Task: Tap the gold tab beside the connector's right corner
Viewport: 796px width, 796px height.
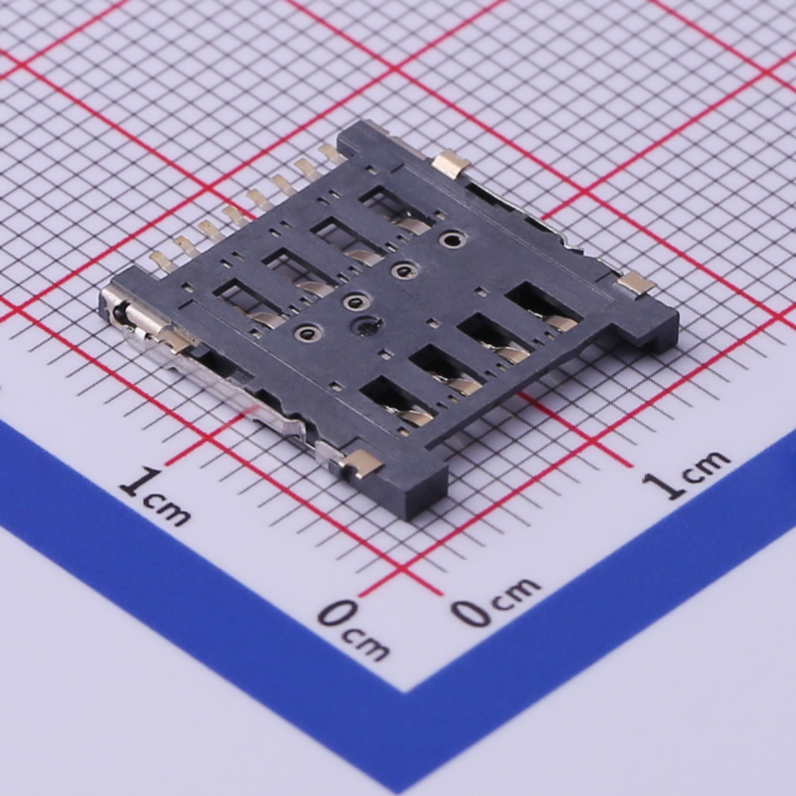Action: pyautogui.click(x=637, y=284)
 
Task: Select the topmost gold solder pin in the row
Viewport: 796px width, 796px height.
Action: pyautogui.click(x=331, y=153)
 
